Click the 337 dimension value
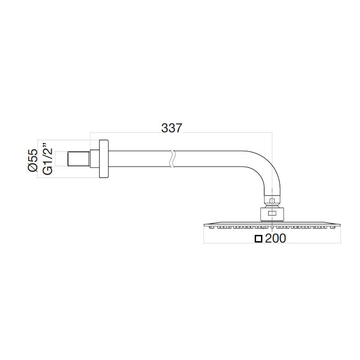171,128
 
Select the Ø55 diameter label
32,160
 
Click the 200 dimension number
275,239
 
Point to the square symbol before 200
258,239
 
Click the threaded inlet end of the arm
79,160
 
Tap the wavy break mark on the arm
171,160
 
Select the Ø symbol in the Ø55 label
32,168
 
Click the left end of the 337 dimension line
90,133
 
